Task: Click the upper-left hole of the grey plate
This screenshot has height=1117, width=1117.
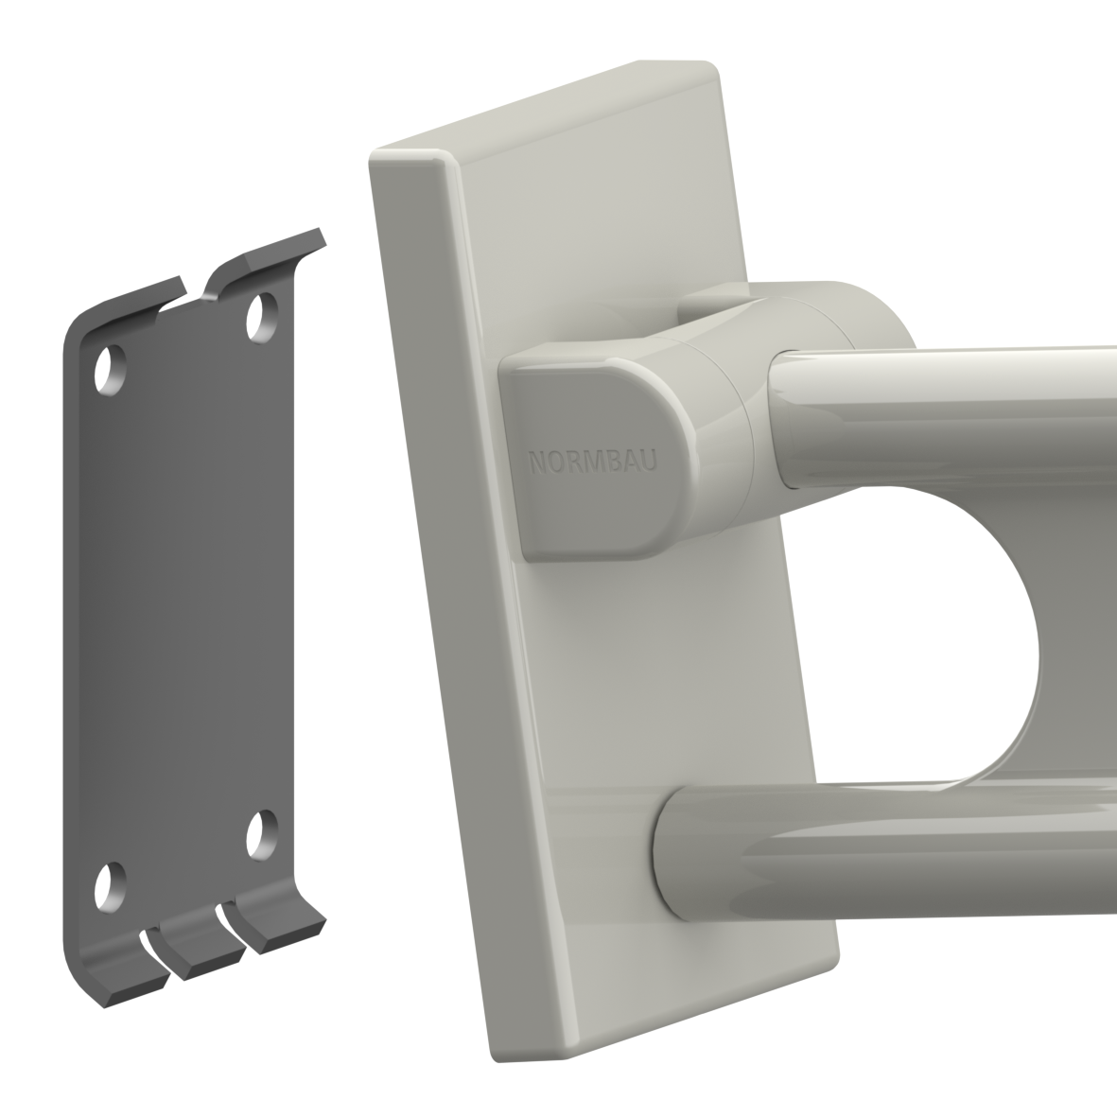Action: click(111, 369)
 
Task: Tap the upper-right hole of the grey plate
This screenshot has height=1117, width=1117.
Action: click(262, 317)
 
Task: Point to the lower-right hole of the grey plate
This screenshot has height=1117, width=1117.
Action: click(262, 833)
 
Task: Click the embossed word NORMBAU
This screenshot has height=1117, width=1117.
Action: click(593, 462)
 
